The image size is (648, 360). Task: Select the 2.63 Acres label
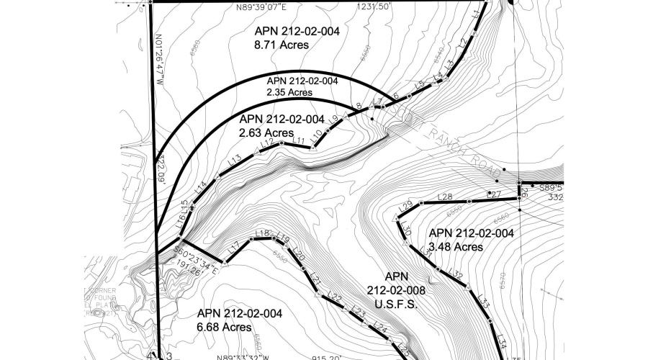click(266, 132)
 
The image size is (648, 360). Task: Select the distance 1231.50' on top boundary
click(374, 6)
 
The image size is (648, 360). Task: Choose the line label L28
click(445, 197)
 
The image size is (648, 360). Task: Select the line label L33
click(484, 300)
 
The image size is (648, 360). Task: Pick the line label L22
click(334, 297)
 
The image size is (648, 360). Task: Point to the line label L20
click(300, 257)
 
